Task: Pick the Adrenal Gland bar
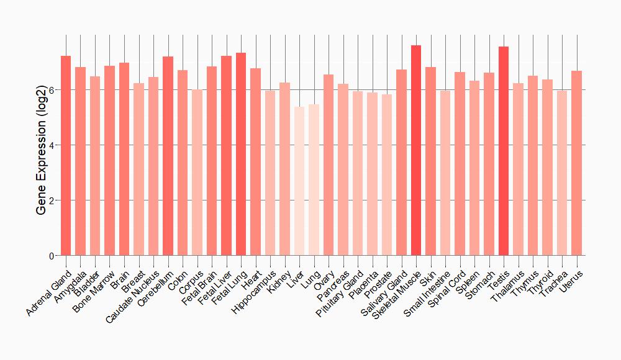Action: (x=66, y=155)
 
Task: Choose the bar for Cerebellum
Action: (x=168, y=156)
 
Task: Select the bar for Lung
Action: (x=314, y=180)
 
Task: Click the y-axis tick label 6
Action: (x=52, y=90)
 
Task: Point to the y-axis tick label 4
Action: (x=52, y=145)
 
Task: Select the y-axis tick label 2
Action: (x=52, y=200)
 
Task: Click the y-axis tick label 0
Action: (x=52, y=256)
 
